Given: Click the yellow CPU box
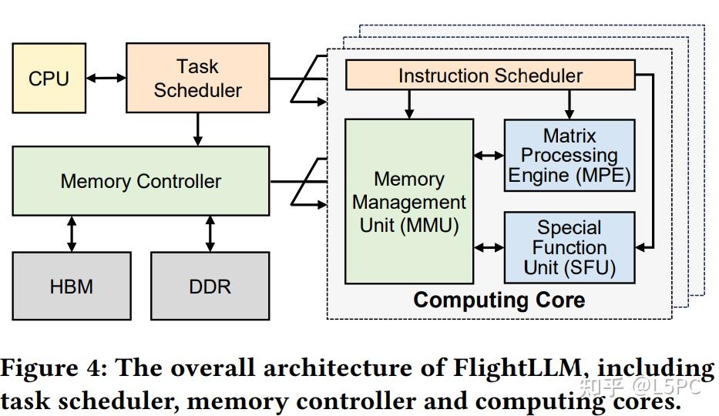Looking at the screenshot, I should coord(49,79).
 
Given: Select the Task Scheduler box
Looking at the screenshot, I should coord(197,79).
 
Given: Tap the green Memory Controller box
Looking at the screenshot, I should coord(141,182).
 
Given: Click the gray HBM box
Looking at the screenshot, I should coord(71,287).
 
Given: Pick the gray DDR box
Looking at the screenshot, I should coord(210,287).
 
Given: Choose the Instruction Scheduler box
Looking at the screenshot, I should coord(490,75).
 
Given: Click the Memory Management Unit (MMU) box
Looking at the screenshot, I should coord(408,202).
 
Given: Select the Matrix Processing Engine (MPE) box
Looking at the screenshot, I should coord(569,156).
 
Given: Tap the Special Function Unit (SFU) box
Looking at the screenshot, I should coord(569,247).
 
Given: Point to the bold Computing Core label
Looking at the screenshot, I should coord(499,300).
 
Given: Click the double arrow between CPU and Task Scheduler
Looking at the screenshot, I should coord(106,78).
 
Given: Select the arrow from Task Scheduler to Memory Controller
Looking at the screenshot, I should coord(198,129).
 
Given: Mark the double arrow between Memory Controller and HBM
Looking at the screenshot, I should coord(72,233).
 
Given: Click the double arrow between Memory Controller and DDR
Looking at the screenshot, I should coord(210,233).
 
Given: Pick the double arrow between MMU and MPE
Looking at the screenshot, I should coord(489,156).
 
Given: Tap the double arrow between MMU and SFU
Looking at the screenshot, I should coord(489,247).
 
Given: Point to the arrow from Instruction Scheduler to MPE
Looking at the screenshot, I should coord(569,103).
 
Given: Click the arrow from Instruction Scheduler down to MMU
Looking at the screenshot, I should coord(410,103).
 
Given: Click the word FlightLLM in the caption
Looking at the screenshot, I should coord(508,368).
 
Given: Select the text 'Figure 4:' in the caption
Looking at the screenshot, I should coord(53,368).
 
